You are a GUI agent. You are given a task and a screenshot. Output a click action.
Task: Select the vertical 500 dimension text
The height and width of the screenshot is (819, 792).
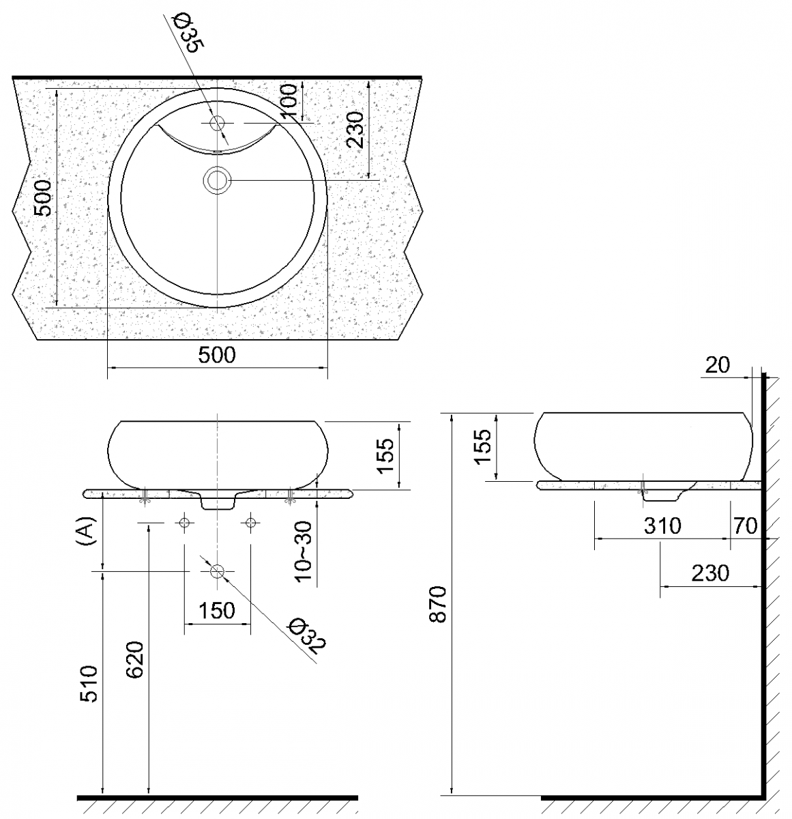[43, 198]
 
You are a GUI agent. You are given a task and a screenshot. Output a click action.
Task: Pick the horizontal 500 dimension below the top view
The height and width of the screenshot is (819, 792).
[216, 356]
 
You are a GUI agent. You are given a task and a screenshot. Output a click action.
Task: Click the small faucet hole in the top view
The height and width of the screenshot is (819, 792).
[218, 124]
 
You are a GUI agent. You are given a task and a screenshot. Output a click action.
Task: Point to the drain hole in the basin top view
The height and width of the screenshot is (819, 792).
[218, 180]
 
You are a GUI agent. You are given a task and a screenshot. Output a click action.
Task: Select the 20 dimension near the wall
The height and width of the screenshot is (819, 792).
[717, 366]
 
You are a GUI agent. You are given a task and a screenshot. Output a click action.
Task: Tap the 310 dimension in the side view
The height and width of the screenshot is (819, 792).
[662, 526]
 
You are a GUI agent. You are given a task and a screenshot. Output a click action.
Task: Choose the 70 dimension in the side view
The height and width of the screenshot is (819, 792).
[745, 526]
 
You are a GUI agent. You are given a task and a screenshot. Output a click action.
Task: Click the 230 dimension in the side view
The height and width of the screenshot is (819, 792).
[710, 573]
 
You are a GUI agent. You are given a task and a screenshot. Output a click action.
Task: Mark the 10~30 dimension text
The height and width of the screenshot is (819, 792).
[304, 551]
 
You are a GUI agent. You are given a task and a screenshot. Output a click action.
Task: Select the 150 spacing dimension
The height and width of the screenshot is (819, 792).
[217, 609]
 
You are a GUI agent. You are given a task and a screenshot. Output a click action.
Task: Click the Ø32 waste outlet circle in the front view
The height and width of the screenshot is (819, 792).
[218, 572]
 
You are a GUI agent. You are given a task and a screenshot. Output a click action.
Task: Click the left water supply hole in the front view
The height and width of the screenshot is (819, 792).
[184, 523]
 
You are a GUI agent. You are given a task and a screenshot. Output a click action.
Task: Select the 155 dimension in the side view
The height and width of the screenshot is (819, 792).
[482, 446]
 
